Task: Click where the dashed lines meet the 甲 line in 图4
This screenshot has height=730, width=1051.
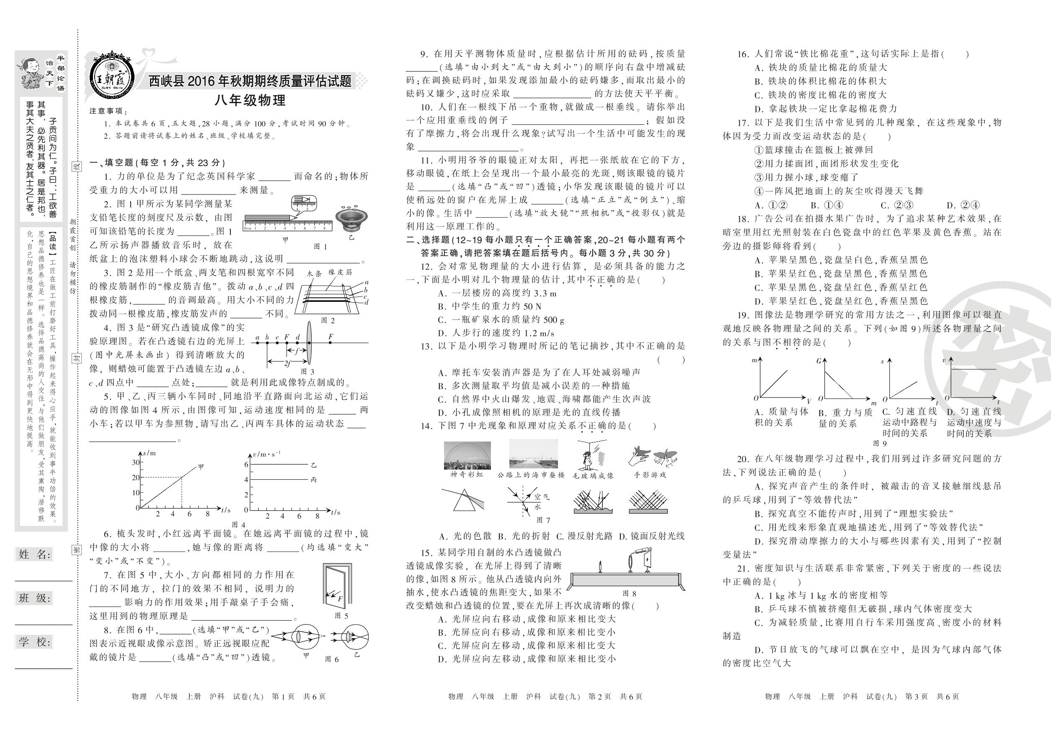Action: (182, 478)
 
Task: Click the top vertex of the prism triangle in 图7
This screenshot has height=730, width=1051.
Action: (465, 490)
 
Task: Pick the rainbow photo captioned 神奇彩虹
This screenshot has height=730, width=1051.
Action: (467, 455)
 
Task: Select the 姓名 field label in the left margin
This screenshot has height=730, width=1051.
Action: (35, 555)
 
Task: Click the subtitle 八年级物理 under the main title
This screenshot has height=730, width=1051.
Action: (250, 101)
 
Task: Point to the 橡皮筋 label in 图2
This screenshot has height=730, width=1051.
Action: (340, 272)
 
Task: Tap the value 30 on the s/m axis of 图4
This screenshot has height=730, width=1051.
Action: (135, 462)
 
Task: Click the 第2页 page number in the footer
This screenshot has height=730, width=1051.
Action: (599, 696)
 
